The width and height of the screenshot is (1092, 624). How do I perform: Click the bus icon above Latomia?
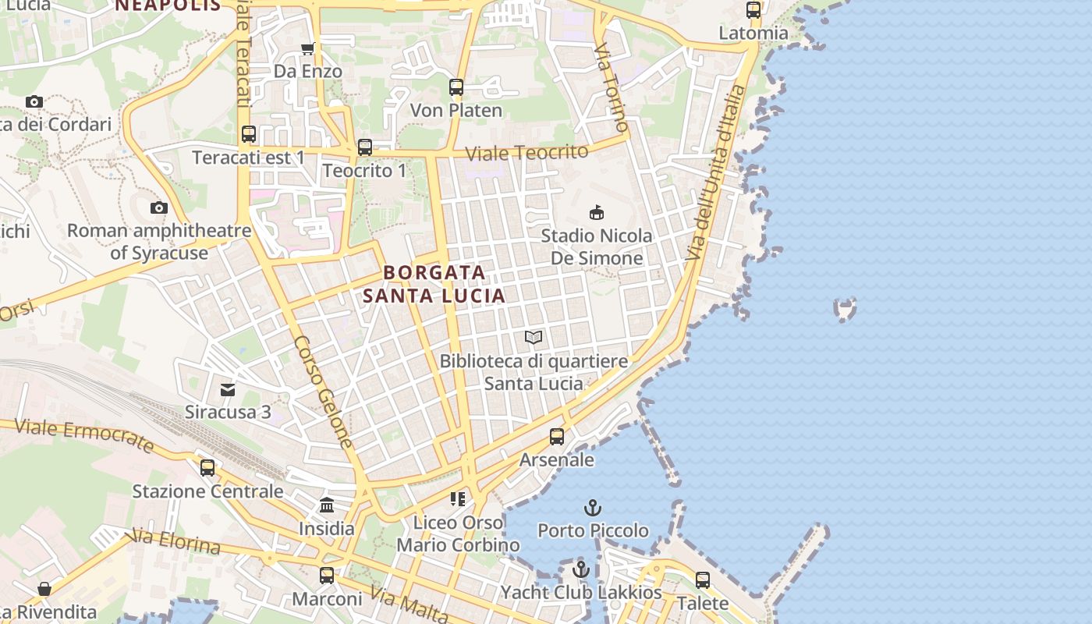click(x=753, y=10)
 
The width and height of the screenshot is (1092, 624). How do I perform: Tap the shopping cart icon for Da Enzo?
click(x=308, y=49)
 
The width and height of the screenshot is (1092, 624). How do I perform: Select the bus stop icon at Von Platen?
click(x=456, y=87)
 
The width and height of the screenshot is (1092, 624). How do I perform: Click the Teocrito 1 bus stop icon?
click(x=364, y=147)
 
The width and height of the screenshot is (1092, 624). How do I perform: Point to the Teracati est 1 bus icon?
click(x=249, y=134)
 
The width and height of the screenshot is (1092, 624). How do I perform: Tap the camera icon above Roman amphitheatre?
click(x=159, y=207)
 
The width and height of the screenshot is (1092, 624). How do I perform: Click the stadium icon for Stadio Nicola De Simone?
click(x=597, y=212)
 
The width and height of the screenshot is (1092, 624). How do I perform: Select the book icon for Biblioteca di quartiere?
click(x=534, y=338)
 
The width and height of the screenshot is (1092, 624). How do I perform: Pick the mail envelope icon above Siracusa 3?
click(x=228, y=388)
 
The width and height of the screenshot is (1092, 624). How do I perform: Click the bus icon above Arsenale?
click(x=557, y=437)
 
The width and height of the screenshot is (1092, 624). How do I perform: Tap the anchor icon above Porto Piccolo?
click(x=593, y=508)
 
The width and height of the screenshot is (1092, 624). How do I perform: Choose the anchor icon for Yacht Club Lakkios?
click(x=580, y=569)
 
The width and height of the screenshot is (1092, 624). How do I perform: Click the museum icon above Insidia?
click(x=327, y=505)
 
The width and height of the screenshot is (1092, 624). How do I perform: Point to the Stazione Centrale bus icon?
click(x=207, y=468)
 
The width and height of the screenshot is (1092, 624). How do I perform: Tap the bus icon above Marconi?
click(x=327, y=576)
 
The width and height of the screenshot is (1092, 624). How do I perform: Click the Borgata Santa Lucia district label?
click(x=434, y=284)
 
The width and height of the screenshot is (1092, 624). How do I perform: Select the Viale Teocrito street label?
click(x=526, y=153)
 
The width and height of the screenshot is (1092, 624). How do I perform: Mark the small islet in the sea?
click(x=846, y=309)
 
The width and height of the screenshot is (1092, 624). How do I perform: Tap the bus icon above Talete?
click(x=703, y=580)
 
